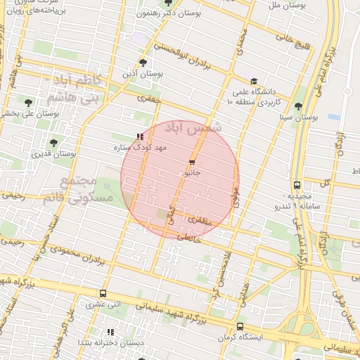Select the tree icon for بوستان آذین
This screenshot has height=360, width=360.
pos(143,63)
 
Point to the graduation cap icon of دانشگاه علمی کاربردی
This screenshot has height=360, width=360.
pos(254,81)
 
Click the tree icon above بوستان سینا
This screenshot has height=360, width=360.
pos(299,107)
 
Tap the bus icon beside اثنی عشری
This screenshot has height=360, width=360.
pos(103,294)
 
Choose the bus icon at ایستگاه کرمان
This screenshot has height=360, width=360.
pos(240,327)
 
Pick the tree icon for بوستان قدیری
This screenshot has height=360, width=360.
pos(53,143)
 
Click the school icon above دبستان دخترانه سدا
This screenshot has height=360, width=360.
pos(110,332)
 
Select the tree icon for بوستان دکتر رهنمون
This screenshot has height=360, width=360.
pos(167,3)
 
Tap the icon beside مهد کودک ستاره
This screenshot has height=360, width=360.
pos(140,137)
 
